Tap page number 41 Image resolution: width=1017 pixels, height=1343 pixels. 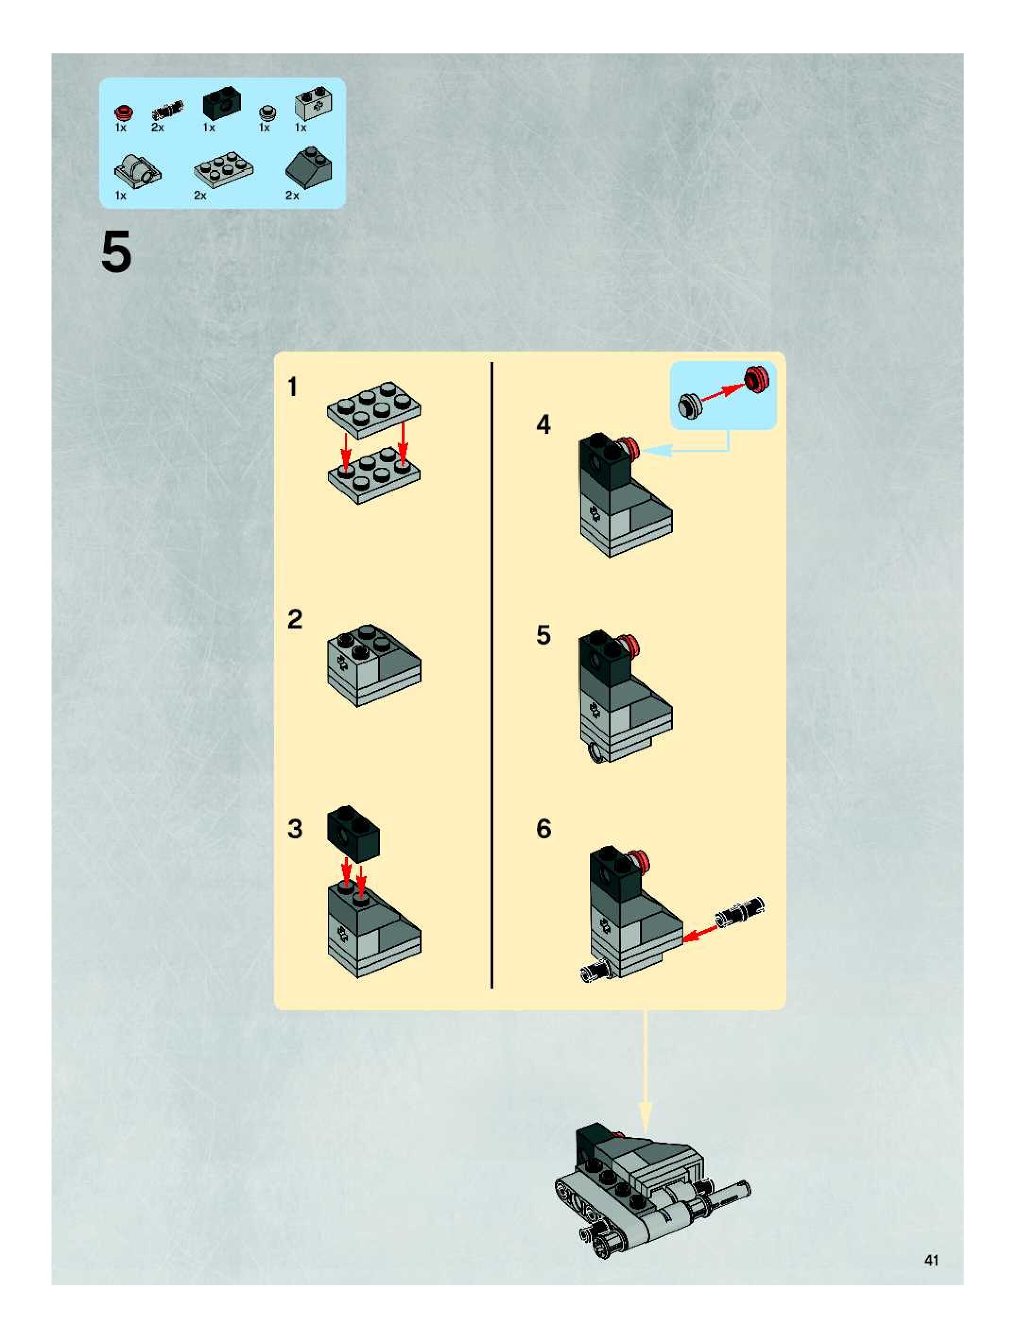(931, 1260)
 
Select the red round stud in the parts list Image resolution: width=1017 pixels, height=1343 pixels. (123, 112)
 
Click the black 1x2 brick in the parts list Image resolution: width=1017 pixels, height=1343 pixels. (222, 103)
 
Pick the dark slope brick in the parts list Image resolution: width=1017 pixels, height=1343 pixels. (309, 164)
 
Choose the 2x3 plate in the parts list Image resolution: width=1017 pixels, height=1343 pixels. (224, 168)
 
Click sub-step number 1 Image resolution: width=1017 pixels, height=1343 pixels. (293, 387)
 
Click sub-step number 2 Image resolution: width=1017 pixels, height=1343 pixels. (294, 620)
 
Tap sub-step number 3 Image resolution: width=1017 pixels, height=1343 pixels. (294, 829)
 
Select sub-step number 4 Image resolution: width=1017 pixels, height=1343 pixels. (543, 424)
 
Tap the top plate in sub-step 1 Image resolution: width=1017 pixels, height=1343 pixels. (374, 410)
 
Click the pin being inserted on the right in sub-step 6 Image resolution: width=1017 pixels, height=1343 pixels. (740, 913)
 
